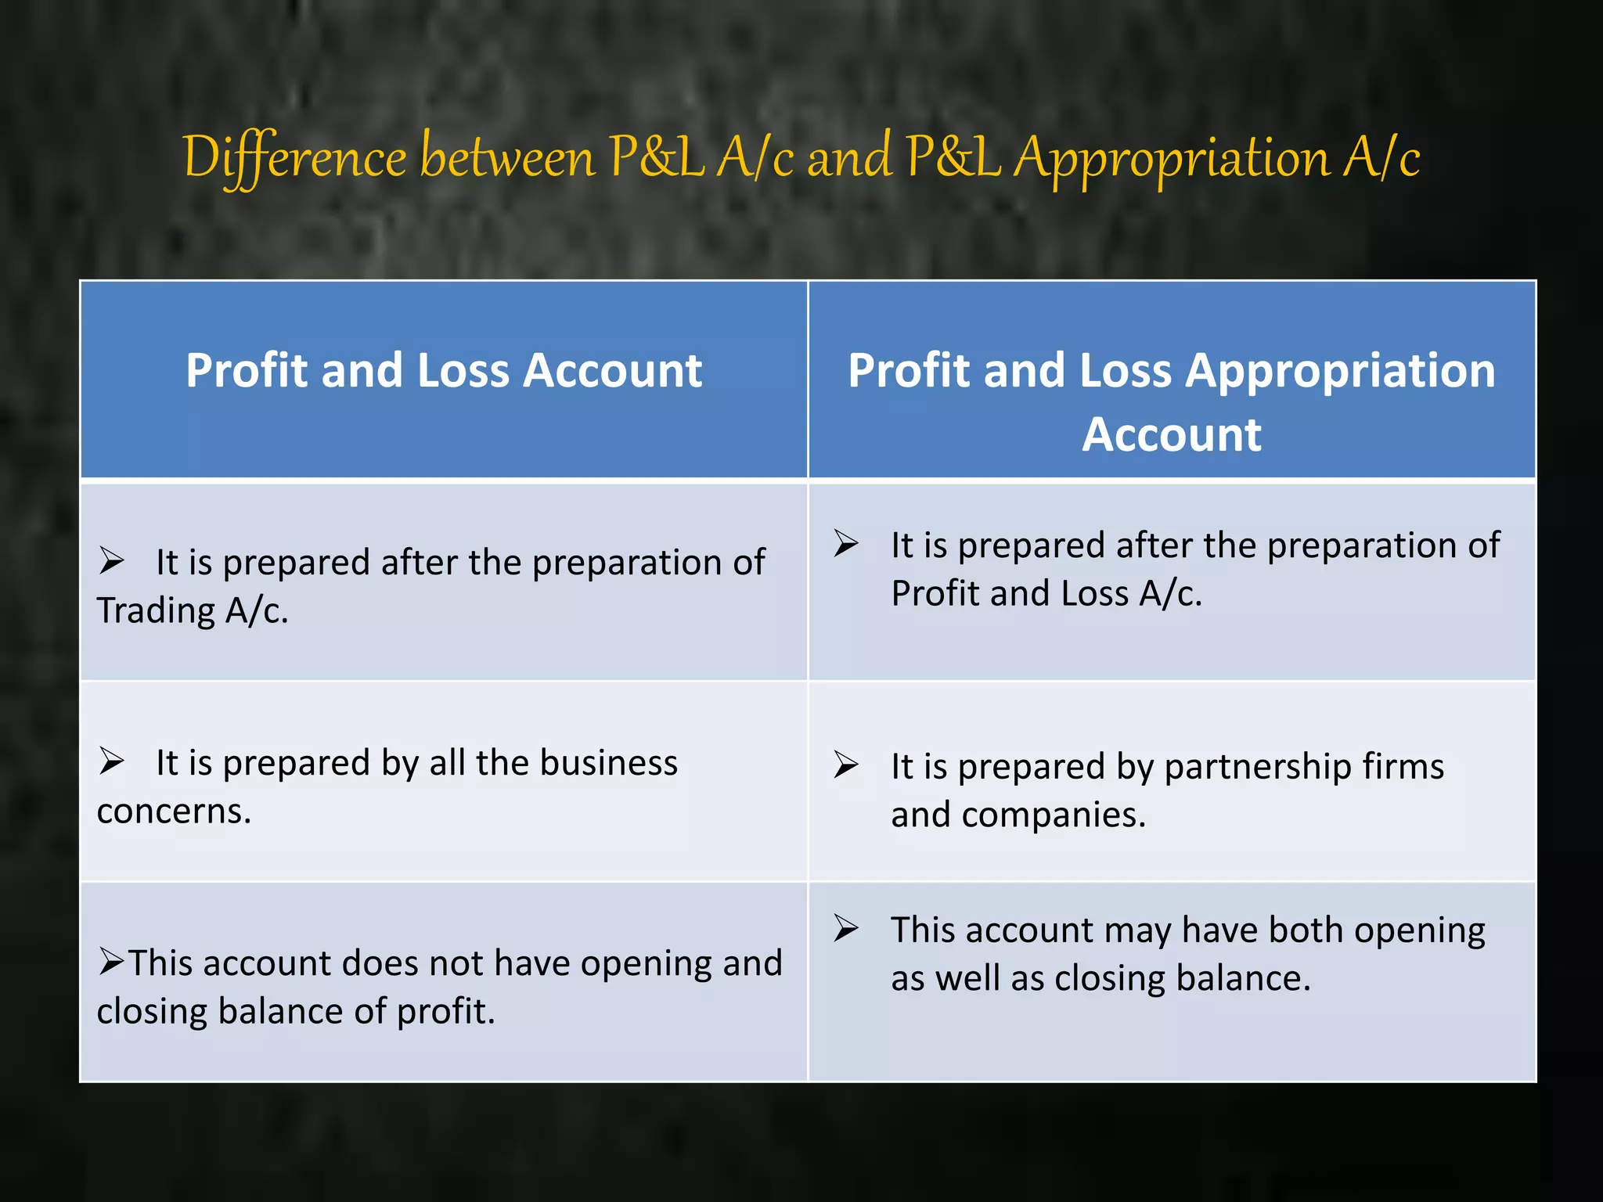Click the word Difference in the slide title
[294, 157]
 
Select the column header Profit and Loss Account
[444, 370]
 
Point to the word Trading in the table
[156, 611]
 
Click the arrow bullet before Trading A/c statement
[112, 561]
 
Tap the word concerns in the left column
[174, 812]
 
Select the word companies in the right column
[1053, 815]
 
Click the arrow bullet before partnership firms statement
[846, 765]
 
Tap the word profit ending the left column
[445, 1011]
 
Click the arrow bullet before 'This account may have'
[846, 928]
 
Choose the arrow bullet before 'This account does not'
[112, 961]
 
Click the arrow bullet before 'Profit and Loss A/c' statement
[846, 543]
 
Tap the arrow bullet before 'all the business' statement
[112, 761]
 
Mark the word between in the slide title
[507, 157]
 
